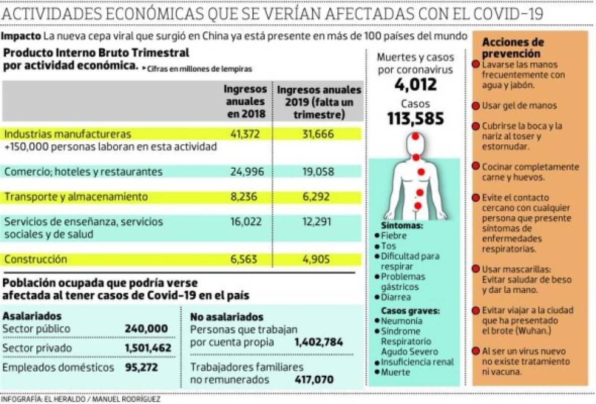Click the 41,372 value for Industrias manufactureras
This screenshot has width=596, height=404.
click(x=245, y=134)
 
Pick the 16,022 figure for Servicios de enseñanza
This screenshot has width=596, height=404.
click(x=245, y=222)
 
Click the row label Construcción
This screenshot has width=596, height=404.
click(x=35, y=259)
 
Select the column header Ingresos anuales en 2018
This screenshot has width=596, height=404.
click(x=245, y=101)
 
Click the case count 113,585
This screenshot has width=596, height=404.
click(x=416, y=119)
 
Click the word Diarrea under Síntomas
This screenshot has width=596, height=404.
click(x=396, y=297)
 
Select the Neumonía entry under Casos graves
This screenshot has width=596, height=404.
click(x=402, y=321)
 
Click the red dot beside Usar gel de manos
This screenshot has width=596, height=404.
click(x=475, y=106)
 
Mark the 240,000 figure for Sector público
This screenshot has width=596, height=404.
click(x=146, y=329)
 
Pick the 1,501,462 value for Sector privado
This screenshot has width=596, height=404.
click(x=148, y=348)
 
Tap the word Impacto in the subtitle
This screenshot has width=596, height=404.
click(x=21, y=36)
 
